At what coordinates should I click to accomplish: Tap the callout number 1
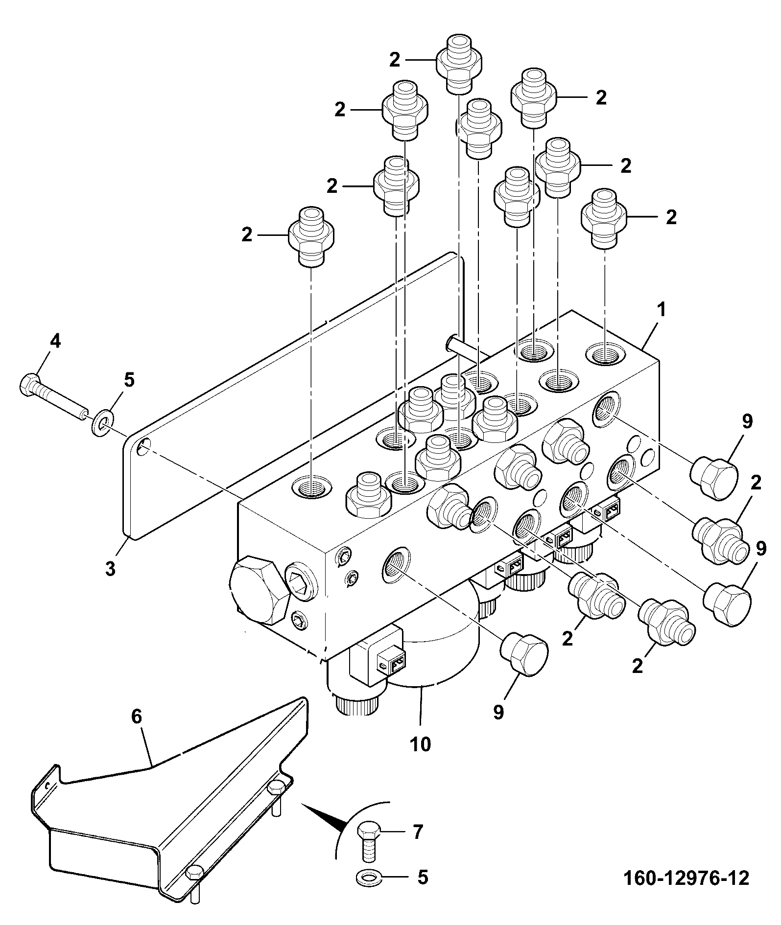pos(661,310)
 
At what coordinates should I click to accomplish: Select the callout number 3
pos(110,568)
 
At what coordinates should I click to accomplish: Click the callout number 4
pos(55,341)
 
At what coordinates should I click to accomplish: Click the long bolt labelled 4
pos(54,394)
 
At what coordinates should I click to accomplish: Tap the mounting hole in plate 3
pos(144,446)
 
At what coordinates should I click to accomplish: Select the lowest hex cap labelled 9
pos(523,653)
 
